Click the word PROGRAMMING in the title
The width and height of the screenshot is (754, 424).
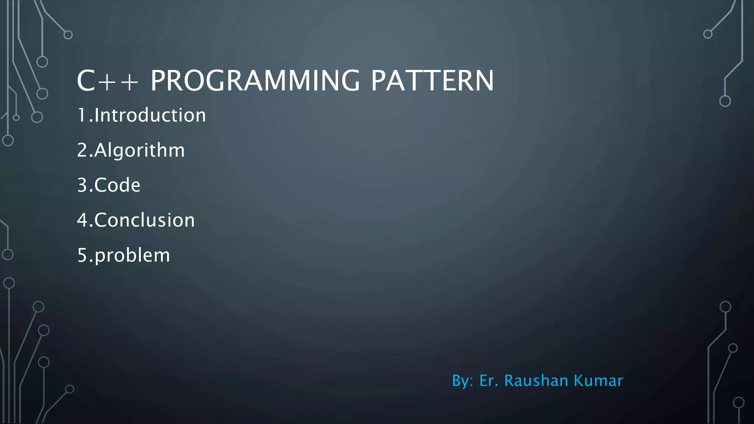[255, 81]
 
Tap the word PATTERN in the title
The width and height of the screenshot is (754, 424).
[432, 81]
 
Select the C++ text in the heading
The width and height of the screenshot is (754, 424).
[108, 81]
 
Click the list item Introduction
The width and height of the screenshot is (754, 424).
[150, 115]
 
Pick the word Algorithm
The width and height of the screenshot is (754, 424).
[140, 151]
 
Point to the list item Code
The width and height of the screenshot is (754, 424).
[117, 185]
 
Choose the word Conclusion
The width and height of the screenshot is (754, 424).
[144, 220]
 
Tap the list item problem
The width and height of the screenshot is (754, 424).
[132, 255]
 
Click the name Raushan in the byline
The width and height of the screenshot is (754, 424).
[536, 381]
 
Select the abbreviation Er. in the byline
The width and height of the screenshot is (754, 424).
[489, 381]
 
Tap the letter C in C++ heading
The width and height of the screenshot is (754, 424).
[86, 81]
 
